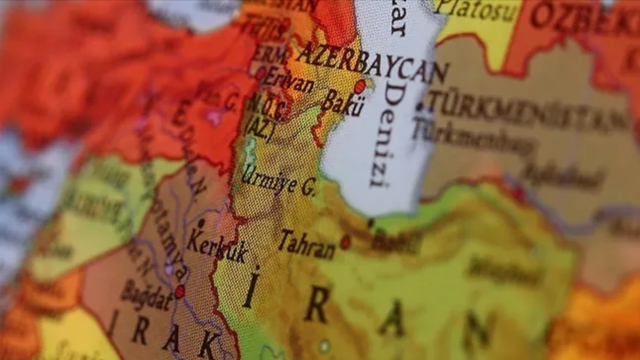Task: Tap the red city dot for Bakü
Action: click(359, 86)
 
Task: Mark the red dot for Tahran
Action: click(345, 242)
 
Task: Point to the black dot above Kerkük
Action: click(201, 222)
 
